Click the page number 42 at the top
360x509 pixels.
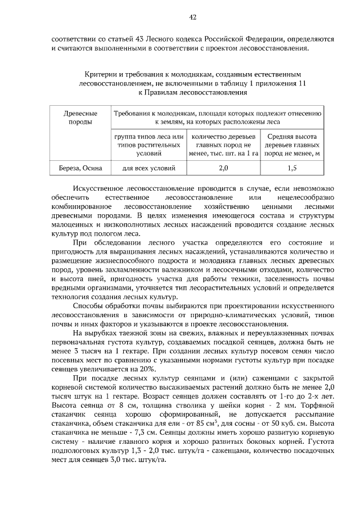(192, 18)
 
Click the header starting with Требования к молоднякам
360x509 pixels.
(217, 118)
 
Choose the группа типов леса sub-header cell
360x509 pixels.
(148, 145)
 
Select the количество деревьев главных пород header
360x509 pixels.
(223, 145)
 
